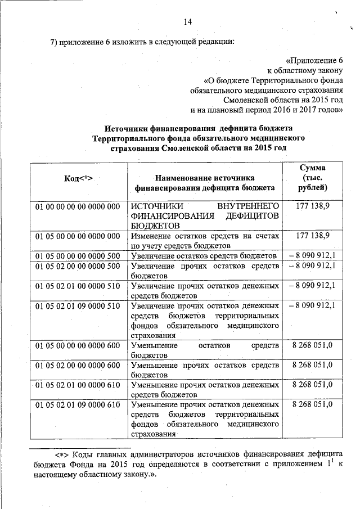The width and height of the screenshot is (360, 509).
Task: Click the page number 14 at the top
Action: point(188,21)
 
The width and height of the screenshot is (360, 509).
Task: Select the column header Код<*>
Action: point(78,178)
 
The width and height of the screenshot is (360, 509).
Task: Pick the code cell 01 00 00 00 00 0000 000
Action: point(78,206)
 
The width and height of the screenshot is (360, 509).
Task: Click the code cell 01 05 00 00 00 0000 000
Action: point(78,236)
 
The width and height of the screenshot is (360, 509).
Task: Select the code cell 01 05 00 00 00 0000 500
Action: point(78,256)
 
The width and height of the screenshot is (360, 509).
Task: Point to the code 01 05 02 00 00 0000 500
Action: point(78,266)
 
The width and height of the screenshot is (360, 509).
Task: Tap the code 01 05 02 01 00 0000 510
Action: point(78,286)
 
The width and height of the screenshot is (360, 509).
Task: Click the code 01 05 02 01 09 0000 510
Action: point(78,306)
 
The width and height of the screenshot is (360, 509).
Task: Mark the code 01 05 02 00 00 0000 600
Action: point(78,365)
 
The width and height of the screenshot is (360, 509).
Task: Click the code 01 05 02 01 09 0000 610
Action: point(78,405)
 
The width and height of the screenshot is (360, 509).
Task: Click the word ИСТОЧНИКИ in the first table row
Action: point(156,206)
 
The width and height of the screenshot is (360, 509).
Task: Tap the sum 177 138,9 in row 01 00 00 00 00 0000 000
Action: point(312,206)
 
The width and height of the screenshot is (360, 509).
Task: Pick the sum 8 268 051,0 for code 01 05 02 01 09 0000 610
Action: point(312,405)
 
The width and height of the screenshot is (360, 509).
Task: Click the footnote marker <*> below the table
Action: point(61,454)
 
